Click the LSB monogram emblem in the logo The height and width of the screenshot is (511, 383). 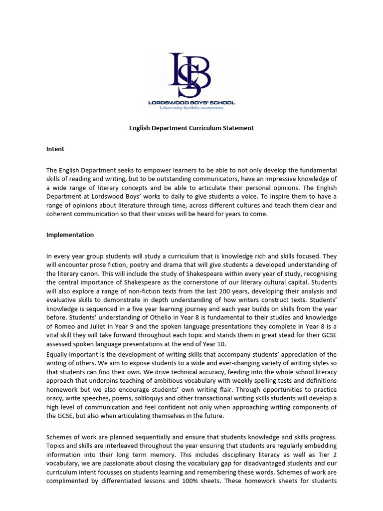tap(191, 74)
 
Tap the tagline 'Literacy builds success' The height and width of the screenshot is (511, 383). tap(191, 108)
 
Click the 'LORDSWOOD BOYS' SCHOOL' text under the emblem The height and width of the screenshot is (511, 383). tap(191, 102)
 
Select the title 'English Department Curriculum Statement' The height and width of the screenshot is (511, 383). tap(191, 128)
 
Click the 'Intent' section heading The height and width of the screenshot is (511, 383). tap(55, 149)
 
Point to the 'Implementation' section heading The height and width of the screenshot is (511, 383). tap(70, 235)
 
